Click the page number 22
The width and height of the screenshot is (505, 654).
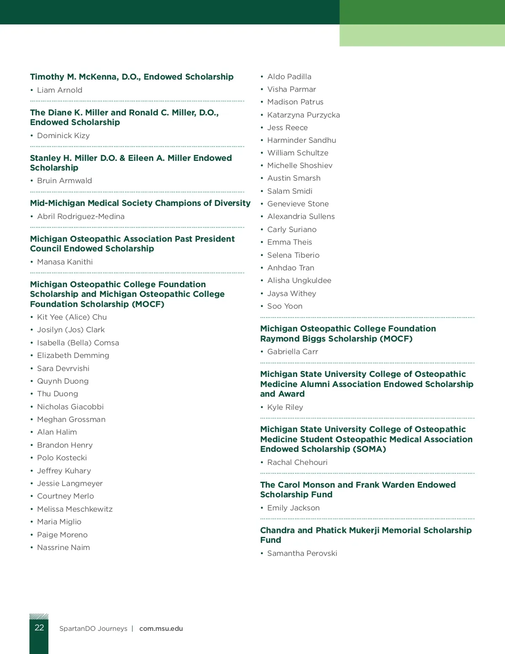(x=39, y=627)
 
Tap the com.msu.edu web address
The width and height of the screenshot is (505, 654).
(x=161, y=628)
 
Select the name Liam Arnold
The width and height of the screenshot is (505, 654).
(x=59, y=90)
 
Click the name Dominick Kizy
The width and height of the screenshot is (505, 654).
(x=63, y=136)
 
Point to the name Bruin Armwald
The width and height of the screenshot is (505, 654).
(x=64, y=181)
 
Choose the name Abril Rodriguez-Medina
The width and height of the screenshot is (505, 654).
(x=80, y=216)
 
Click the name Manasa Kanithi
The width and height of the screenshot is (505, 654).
(x=65, y=262)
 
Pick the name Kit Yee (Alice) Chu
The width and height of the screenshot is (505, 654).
(x=72, y=317)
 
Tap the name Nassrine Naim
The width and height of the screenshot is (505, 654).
(x=63, y=547)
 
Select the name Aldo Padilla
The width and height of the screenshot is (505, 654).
(x=289, y=77)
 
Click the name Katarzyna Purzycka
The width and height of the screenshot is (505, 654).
(x=303, y=115)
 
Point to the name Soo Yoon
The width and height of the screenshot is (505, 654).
(x=284, y=306)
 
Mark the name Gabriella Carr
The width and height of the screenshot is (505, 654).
(x=292, y=352)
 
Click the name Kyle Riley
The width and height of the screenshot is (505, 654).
(x=285, y=407)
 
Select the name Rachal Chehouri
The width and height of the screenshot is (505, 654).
(x=297, y=462)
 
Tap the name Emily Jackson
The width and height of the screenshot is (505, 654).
(x=293, y=508)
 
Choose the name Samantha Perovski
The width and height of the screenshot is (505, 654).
(x=302, y=553)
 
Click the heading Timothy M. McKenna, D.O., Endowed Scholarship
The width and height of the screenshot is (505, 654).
(x=132, y=77)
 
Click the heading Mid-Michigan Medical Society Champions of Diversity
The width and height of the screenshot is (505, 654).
(x=140, y=203)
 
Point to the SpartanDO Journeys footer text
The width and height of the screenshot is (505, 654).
(x=93, y=628)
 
